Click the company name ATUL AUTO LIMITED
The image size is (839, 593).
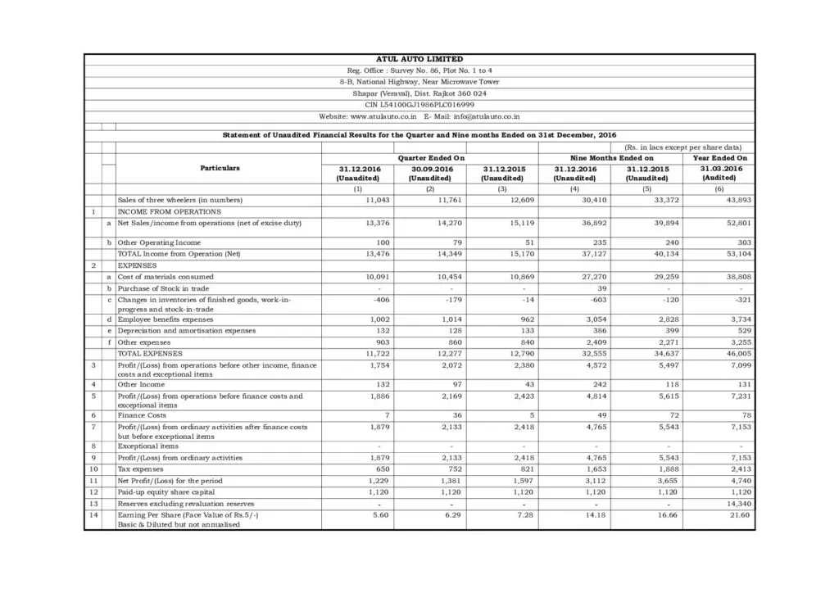pos(419,59)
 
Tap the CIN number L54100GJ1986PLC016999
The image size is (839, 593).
pos(419,105)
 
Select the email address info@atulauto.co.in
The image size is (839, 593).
pos(483,116)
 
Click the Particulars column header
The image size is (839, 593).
pos(220,168)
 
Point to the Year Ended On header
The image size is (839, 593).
pos(720,157)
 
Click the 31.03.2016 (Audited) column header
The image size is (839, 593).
pos(720,173)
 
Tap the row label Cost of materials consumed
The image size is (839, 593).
pos(166,277)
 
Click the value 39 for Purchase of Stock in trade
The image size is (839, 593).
pos(602,288)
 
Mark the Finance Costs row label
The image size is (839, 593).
pos(142,415)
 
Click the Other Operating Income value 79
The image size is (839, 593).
pos(450,242)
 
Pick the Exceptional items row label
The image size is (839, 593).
pos(147,446)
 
